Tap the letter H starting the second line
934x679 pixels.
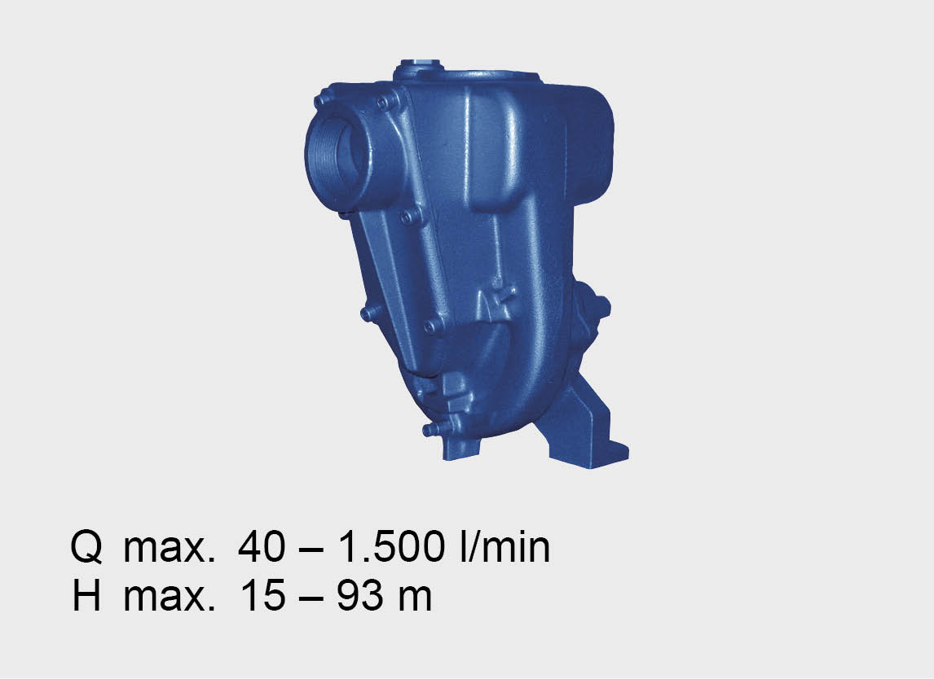tap(86, 596)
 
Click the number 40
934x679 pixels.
tap(261, 546)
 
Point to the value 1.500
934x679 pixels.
tap(391, 546)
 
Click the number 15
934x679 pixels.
tap(262, 596)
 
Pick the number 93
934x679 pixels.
tap(360, 596)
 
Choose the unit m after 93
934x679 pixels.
tap(415, 599)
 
